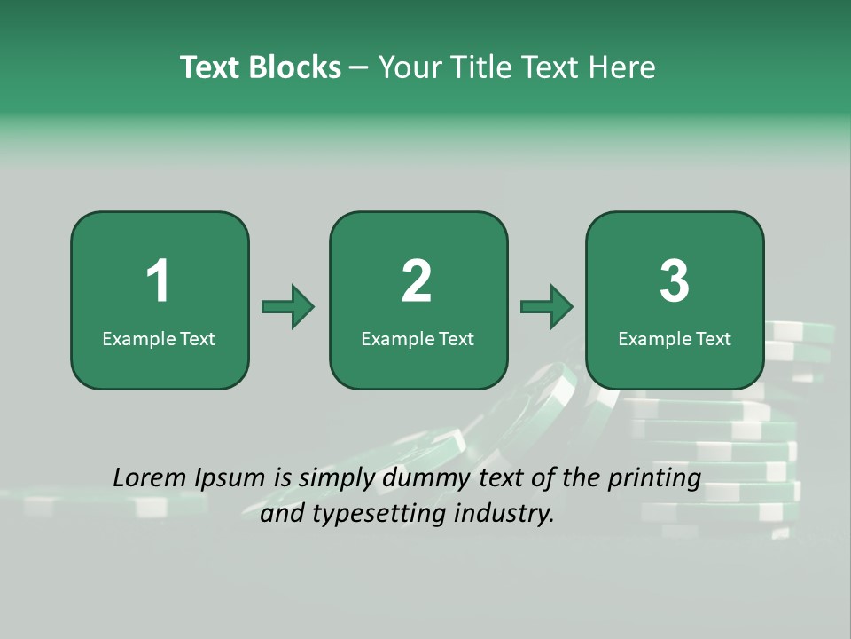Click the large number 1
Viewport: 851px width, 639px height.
click(159, 281)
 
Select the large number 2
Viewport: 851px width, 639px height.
click(417, 281)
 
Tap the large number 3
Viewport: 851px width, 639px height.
click(675, 281)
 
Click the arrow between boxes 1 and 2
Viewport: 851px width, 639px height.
click(288, 307)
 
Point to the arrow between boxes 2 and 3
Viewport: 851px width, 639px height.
click(547, 307)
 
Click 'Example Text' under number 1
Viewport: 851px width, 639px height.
click(159, 339)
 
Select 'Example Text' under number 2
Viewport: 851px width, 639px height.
click(418, 339)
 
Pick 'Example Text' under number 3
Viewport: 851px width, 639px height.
click(675, 339)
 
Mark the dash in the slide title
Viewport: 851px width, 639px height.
click(360, 67)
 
